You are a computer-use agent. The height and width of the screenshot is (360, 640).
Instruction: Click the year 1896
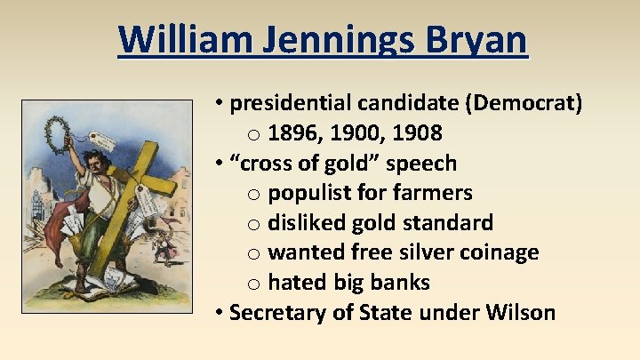[x=294, y=133]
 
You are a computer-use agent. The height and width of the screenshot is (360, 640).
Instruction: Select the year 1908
[x=415, y=133]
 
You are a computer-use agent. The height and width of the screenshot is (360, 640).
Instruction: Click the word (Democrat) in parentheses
[x=523, y=103]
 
